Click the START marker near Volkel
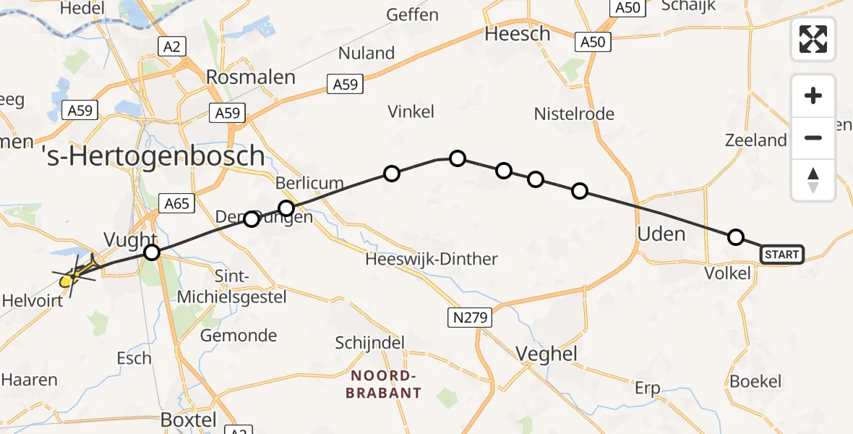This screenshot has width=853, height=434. tap(781, 254)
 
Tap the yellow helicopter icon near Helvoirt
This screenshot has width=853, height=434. tap(74, 275)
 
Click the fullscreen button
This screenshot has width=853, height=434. tap(813, 38)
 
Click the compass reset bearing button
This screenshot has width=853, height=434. tap(813, 179)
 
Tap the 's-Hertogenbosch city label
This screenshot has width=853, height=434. tap(153, 156)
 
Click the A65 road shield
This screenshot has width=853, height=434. tap(176, 203)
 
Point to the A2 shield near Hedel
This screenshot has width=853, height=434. tap(171, 47)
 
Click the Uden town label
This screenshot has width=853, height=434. tap(661, 234)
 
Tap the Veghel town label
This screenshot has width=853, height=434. tap(546, 353)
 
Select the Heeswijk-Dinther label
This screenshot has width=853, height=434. tap(432, 259)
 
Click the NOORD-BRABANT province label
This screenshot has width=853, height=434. tap(383, 384)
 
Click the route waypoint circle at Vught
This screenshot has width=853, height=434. tap(152, 252)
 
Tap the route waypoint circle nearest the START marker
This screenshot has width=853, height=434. tap(735, 237)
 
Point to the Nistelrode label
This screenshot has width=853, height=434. tap(574, 114)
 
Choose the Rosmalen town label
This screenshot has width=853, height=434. tap(251, 77)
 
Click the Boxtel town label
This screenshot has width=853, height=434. tap(189, 420)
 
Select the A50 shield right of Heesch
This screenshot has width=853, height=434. tap(593, 42)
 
